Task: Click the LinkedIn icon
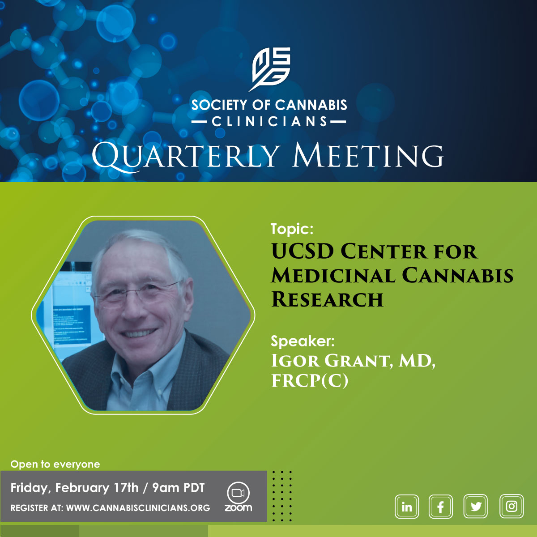(407, 506)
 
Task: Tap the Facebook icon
(441, 506)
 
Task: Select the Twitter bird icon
(475, 506)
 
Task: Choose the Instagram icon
(511, 506)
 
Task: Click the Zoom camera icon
(238, 493)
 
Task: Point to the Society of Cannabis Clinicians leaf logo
(269, 69)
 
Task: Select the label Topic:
(292, 229)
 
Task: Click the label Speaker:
(303, 341)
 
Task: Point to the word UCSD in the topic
(303, 251)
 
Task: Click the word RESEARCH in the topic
(327, 299)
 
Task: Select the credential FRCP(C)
(310, 381)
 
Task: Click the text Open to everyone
(55, 464)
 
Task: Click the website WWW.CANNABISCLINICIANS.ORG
(138, 508)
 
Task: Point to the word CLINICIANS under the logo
(269, 122)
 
